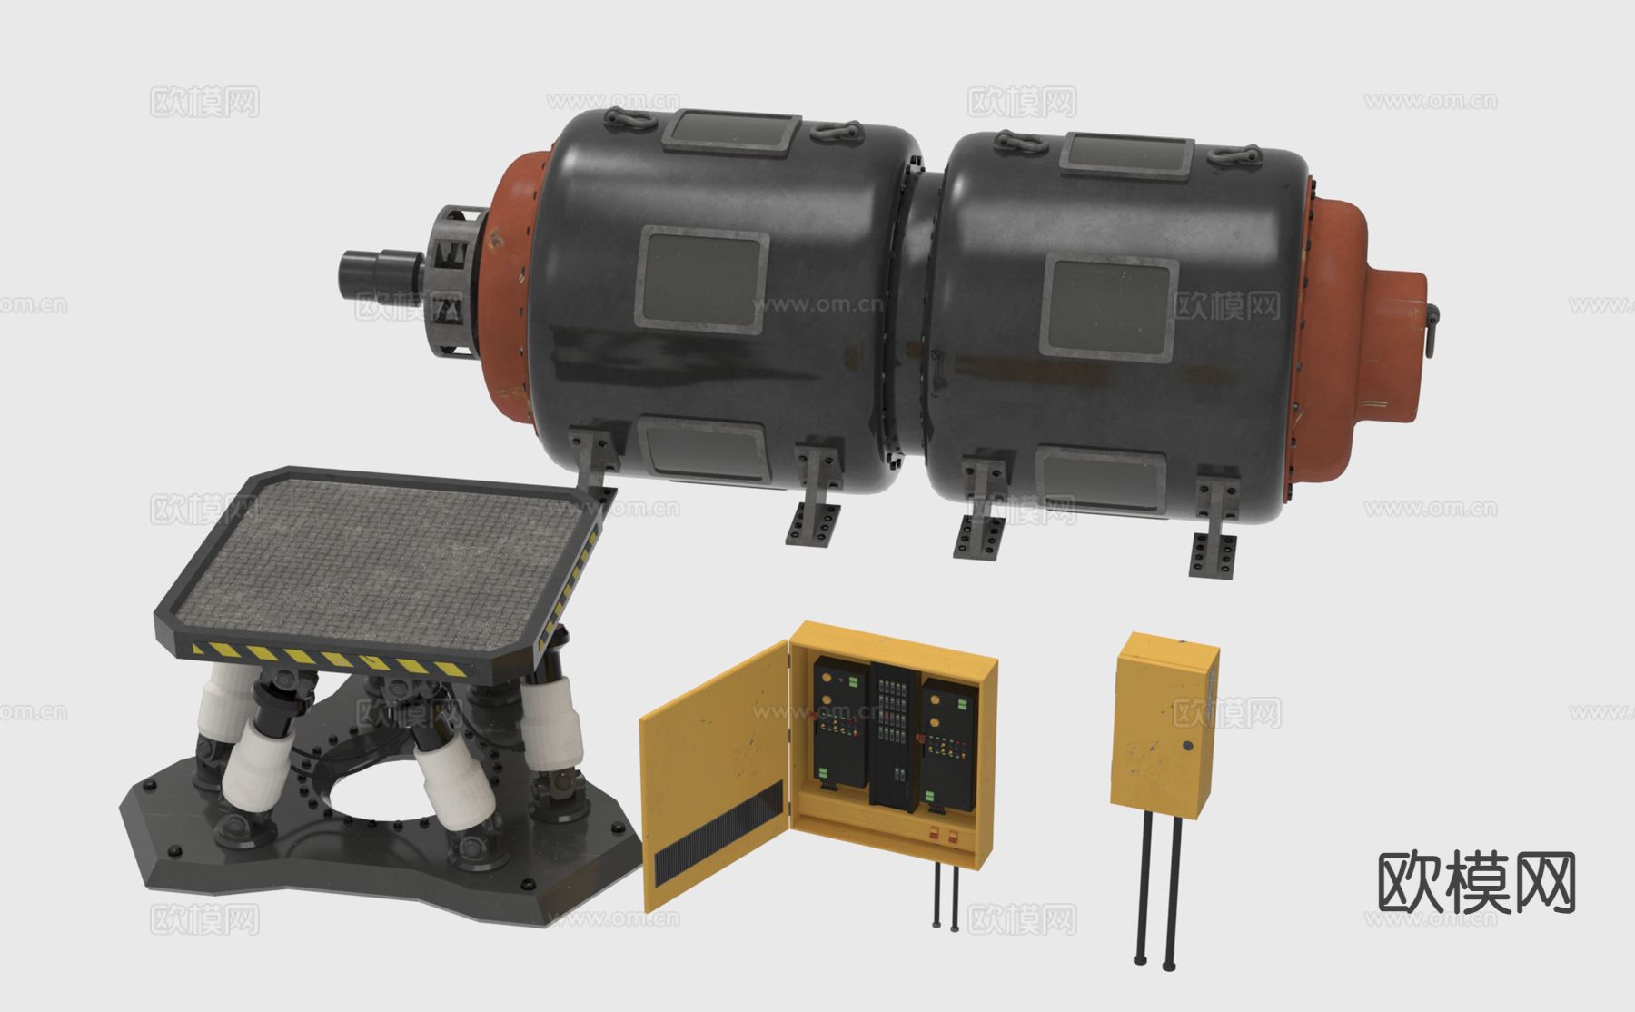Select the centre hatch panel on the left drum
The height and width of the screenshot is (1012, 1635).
coord(702,277)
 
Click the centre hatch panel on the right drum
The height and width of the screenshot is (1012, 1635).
coord(1109,307)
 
